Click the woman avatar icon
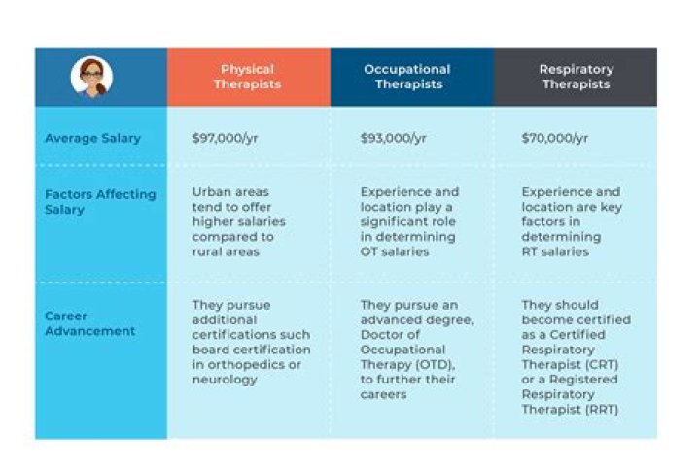(x=92, y=77)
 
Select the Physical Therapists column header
(x=248, y=77)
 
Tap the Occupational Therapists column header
(x=407, y=77)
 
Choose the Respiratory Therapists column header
(x=576, y=77)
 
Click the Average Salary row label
(x=92, y=138)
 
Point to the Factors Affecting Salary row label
(x=99, y=201)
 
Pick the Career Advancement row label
(x=89, y=323)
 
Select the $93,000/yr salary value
(x=393, y=138)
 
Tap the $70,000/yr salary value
(x=554, y=138)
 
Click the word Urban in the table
(x=210, y=192)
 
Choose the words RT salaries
(x=555, y=252)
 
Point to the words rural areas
(x=226, y=252)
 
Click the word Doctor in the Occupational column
(x=383, y=334)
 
